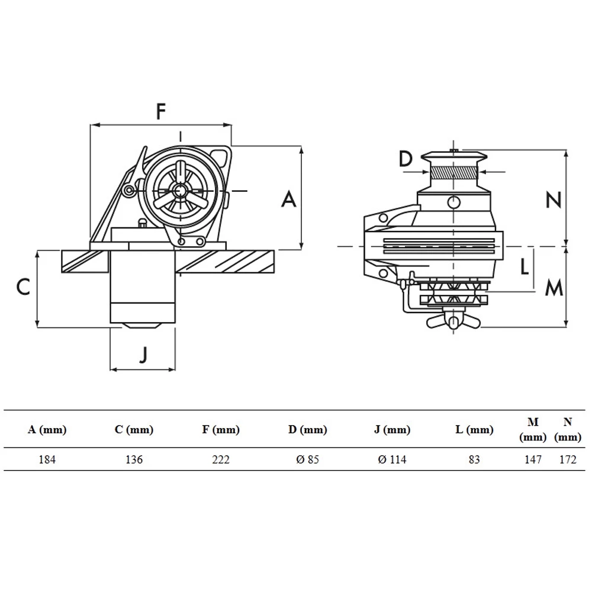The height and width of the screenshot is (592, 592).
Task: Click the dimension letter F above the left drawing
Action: (x=160, y=111)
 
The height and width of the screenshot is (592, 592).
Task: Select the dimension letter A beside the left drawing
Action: (x=288, y=199)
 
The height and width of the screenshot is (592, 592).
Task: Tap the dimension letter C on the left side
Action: (x=22, y=287)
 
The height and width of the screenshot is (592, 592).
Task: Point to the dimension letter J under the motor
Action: (x=143, y=354)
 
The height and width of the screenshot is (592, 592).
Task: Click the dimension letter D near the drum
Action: (x=405, y=159)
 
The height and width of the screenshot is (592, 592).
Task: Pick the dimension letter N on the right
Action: (x=553, y=201)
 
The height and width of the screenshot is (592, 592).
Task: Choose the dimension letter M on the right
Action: (x=554, y=288)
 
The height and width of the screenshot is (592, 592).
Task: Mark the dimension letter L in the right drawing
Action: (x=524, y=267)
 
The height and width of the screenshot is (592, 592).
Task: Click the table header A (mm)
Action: (x=47, y=430)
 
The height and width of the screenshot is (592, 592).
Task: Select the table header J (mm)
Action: (x=392, y=430)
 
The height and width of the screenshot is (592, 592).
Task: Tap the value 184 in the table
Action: (x=47, y=459)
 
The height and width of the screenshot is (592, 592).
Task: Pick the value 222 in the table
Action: (x=220, y=459)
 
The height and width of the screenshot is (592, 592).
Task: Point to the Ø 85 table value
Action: (x=307, y=459)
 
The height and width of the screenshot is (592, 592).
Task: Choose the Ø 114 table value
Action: (x=392, y=459)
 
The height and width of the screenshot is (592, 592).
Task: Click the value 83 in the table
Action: (x=474, y=459)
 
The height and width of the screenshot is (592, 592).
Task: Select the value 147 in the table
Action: (x=533, y=459)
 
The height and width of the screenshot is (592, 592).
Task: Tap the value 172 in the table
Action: (x=567, y=459)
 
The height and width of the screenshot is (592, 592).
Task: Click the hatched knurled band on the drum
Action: (x=453, y=172)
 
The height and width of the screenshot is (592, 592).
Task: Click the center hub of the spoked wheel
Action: (x=180, y=191)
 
